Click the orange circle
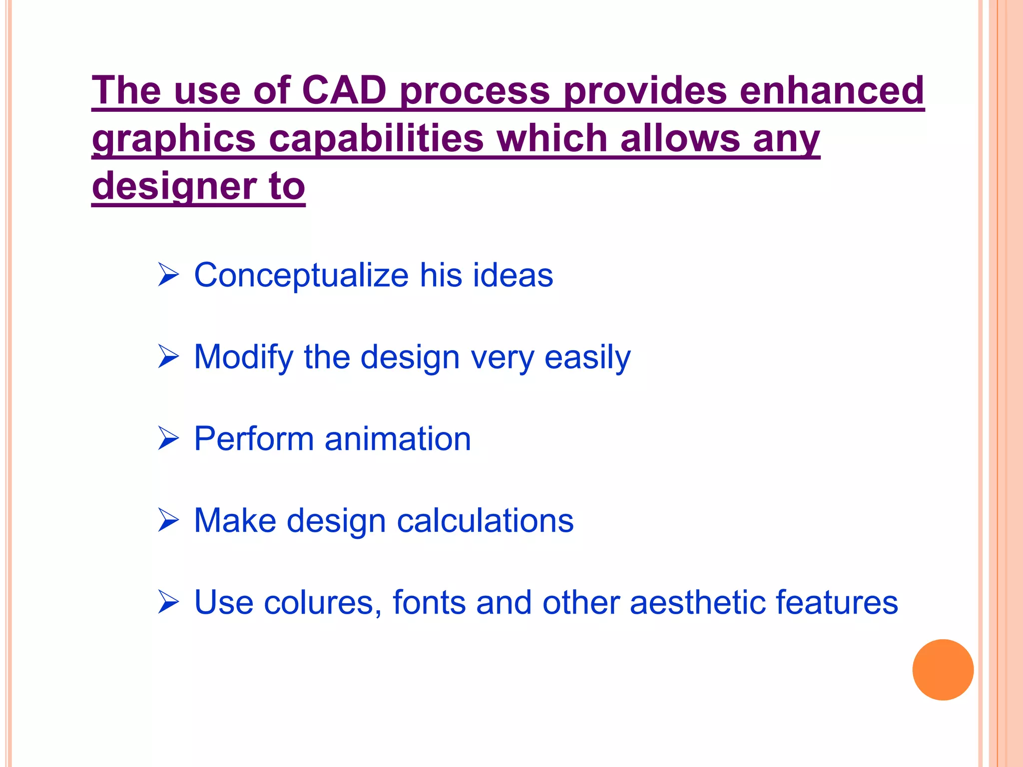click(943, 670)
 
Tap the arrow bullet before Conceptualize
click(168, 275)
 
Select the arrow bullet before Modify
click(168, 357)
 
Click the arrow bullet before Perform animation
click(168, 438)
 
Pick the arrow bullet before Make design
click(168, 520)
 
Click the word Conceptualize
click(301, 275)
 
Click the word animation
click(398, 439)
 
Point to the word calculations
click(485, 520)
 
